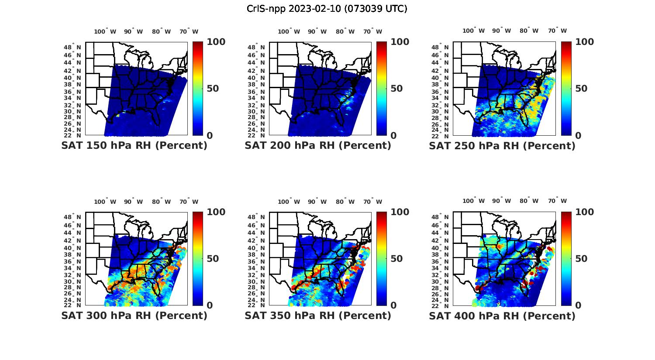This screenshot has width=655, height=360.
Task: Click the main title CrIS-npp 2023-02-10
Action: click(327, 9)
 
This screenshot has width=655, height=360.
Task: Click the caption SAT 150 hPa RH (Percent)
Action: click(134, 146)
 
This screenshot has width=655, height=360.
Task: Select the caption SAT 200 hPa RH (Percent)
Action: click(318, 146)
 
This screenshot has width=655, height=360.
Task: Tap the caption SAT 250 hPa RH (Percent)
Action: click(502, 146)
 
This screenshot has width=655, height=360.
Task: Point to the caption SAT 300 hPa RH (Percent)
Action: click(134, 315)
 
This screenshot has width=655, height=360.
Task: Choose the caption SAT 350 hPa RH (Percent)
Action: click(318, 315)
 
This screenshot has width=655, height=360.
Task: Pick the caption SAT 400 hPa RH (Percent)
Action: click(502, 315)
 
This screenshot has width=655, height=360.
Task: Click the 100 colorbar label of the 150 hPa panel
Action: click(216, 42)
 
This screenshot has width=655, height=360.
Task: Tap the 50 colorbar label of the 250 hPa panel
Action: click(581, 89)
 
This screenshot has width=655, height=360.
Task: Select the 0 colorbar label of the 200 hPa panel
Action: click(393, 136)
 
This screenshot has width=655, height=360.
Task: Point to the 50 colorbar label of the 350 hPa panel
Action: click(396, 259)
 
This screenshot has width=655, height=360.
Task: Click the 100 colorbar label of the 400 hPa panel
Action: click(585, 212)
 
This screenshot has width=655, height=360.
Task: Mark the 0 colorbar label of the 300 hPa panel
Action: click(210, 305)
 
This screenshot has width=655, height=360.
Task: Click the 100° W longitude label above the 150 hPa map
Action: click(105, 31)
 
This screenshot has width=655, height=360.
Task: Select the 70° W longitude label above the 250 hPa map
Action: click(558, 31)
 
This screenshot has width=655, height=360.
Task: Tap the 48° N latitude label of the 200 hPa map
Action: click(256, 47)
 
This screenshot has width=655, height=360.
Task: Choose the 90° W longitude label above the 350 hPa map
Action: click(317, 202)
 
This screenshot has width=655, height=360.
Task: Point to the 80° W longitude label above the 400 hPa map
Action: click(529, 201)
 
